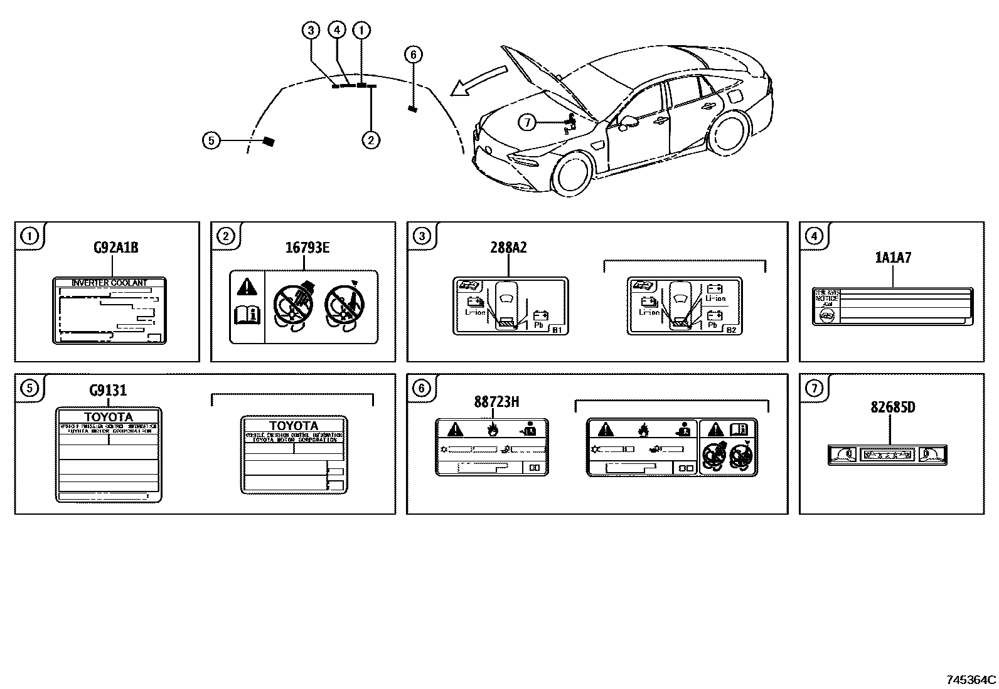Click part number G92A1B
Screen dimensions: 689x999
(115, 247)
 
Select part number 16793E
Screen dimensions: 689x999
(307, 247)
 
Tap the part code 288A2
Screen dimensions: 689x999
(508, 247)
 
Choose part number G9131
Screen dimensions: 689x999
(108, 390)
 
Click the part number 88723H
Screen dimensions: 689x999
(496, 401)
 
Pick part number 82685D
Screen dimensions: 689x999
(892, 407)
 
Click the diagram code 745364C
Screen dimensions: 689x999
(971, 680)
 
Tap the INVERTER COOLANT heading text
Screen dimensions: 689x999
(109, 283)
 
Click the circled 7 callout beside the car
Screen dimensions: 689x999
(527, 123)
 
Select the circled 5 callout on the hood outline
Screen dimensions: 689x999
(211, 141)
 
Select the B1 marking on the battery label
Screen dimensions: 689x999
(556, 330)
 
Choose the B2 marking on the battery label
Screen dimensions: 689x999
(730, 330)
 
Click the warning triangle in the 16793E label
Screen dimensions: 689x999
(248, 288)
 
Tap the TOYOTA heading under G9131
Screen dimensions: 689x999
(109, 417)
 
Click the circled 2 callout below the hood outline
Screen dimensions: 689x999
(371, 140)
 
